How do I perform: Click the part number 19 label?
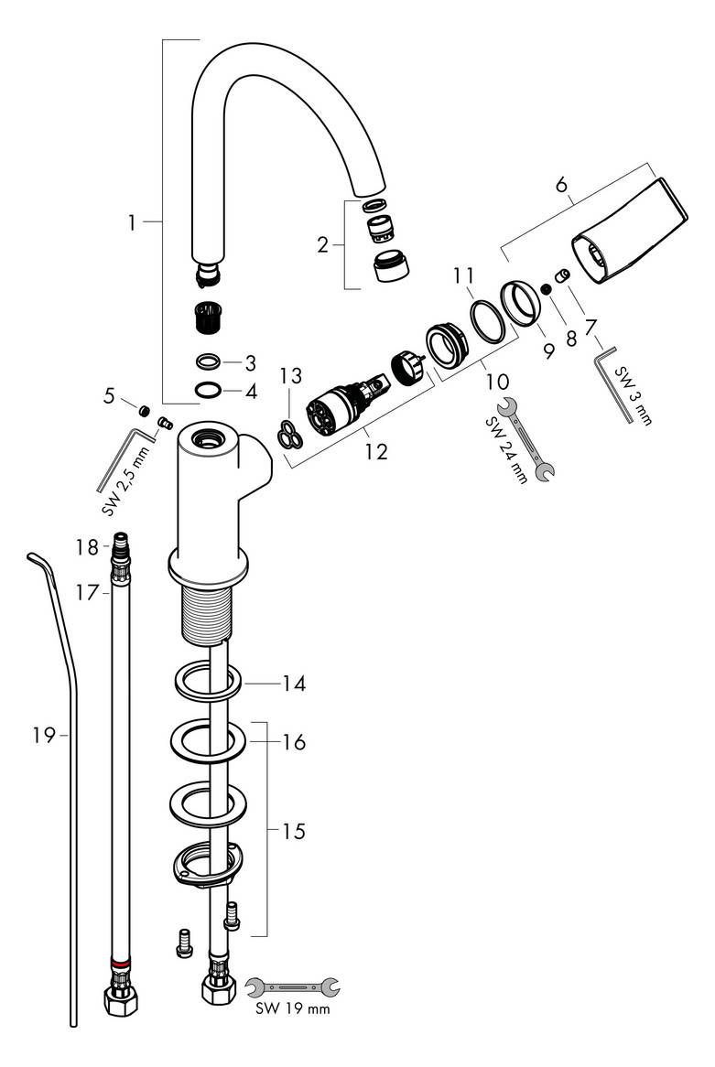point(43,735)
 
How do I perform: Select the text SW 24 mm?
point(506,450)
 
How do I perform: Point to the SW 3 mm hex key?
point(615,384)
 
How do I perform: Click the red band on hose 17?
point(120,964)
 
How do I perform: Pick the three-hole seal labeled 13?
point(290,435)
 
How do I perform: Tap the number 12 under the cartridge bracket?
point(375,451)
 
